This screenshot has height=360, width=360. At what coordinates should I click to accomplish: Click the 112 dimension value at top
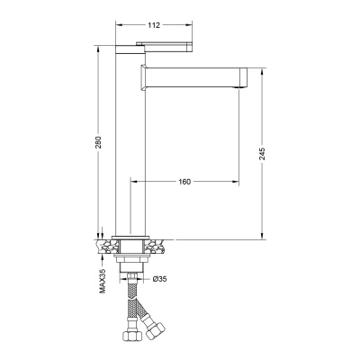pyautogui.click(x=154, y=25)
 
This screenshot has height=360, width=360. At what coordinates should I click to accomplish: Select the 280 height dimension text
pyautogui.click(x=99, y=142)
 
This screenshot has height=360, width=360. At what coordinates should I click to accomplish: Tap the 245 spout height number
pyautogui.click(x=262, y=154)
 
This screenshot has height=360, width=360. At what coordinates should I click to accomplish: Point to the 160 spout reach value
pyautogui.click(x=184, y=182)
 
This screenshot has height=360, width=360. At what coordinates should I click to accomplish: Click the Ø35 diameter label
pyautogui.click(x=159, y=279)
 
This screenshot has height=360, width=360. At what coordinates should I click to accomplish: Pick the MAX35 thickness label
pyautogui.click(x=103, y=281)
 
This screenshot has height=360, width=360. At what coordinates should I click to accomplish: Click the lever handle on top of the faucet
pyautogui.click(x=164, y=47)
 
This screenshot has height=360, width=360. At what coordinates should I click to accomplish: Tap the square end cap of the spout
pyautogui.click(x=243, y=77)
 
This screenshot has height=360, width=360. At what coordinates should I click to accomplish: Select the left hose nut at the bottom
pyautogui.click(x=130, y=334)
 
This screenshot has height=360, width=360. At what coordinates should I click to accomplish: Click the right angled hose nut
pyautogui.click(x=156, y=330)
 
